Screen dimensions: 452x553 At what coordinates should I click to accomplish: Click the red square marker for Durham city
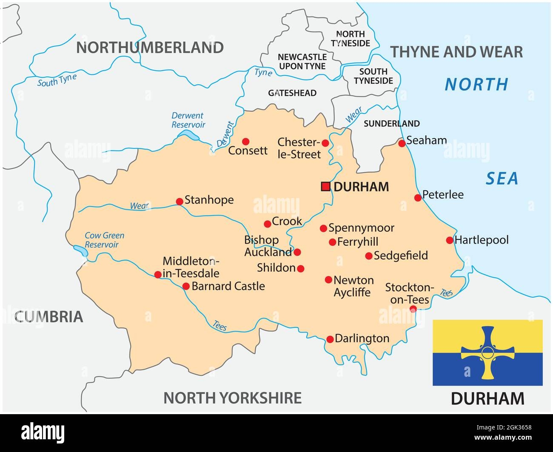[x=325, y=186]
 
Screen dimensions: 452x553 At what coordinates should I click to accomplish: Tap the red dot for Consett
[x=245, y=141]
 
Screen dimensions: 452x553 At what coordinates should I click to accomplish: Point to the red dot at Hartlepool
[x=450, y=240]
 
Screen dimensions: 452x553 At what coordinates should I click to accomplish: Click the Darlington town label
[x=362, y=338]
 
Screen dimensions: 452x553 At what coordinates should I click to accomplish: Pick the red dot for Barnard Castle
[x=186, y=286]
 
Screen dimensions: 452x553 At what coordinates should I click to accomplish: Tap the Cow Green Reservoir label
[x=104, y=240]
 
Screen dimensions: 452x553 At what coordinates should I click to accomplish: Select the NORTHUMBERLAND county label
[x=150, y=48]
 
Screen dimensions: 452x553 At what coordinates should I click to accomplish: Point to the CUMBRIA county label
[x=48, y=316]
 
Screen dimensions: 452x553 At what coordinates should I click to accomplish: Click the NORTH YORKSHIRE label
[x=233, y=398]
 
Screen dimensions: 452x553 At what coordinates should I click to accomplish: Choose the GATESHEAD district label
[x=292, y=93]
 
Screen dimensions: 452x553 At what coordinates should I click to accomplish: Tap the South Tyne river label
[x=57, y=80]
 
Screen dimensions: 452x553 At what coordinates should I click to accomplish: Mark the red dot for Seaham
[x=402, y=143]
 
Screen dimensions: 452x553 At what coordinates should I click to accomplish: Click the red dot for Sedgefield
[x=369, y=256]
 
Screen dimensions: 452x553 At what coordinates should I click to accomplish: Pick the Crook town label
[x=287, y=221]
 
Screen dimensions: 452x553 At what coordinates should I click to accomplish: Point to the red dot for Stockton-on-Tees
[x=413, y=309]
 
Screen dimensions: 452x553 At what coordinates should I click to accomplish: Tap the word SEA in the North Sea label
[x=502, y=179]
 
